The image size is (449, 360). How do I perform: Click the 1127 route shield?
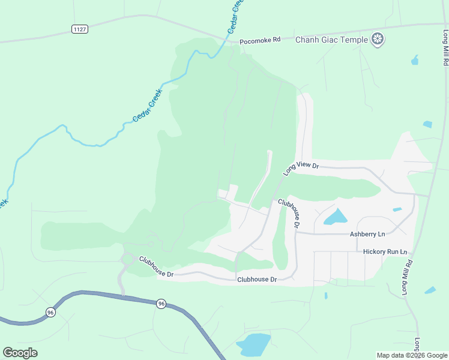pos(79,29)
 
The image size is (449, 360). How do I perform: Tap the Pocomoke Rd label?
pos(260,41)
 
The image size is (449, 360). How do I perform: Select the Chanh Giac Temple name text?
pos(331,40)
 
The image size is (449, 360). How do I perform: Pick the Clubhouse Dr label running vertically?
pos(289,214)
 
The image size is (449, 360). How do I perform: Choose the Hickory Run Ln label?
pos(385,252)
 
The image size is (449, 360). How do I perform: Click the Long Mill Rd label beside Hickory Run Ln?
pos(406,277)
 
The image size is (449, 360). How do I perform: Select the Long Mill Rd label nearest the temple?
pos(445,48)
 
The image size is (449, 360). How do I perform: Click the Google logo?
pos(20,352)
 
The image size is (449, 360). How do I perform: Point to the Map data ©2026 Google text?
pos(412,355)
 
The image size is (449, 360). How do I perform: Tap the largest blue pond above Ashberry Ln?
pos(336,217)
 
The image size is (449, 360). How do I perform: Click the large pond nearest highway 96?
pos(253,344)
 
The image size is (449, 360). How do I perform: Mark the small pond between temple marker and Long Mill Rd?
pos(414,60)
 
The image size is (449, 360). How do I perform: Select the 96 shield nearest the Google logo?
pos(51,313)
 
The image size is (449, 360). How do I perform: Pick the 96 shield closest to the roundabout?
pos(161,304)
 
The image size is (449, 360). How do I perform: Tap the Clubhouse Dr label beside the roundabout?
pos(156,267)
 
